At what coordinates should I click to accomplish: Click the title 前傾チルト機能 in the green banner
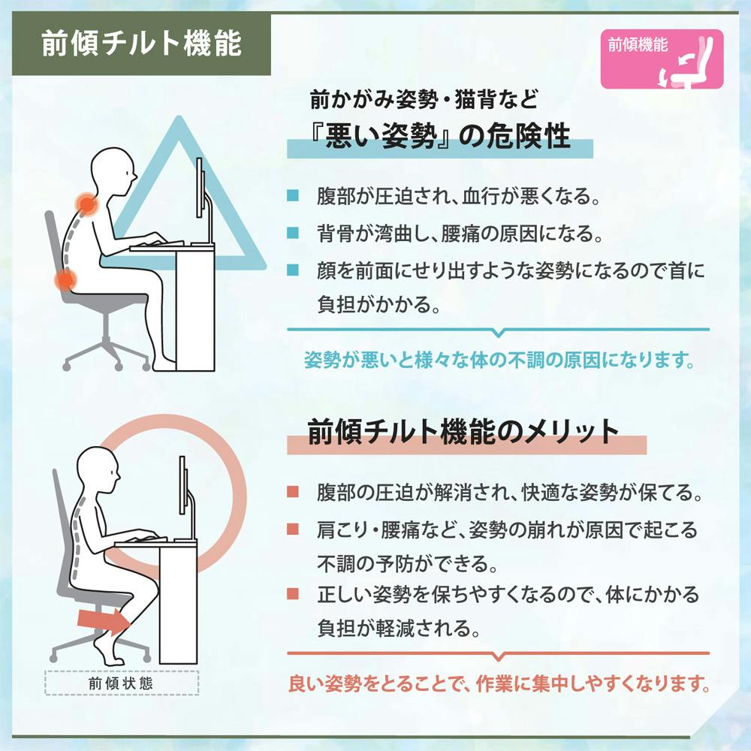[x=141, y=44]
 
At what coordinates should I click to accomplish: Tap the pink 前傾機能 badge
[x=662, y=59]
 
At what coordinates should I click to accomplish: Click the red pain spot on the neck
[x=86, y=205]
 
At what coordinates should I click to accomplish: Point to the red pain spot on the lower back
[x=65, y=279]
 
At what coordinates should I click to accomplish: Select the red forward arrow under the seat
[x=104, y=621]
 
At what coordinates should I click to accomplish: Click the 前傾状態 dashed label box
[x=122, y=683]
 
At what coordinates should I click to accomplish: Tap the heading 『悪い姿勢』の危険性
[x=439, y=136]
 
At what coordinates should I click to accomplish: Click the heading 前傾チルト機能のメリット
[x=463, y=431]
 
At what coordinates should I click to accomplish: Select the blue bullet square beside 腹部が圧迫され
[x=293, y=195]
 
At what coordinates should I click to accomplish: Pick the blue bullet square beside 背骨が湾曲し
[x=293, y=233]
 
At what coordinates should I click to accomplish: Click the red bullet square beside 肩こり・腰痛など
[x=293, y=529]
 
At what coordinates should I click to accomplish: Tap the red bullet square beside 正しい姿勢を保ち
[x=293, y=594]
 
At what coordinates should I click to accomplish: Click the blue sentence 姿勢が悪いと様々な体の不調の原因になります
[x=499, y=360]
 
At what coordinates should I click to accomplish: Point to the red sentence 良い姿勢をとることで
[x=499, y=683]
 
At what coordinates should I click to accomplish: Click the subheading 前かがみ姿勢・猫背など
[x=424, y=99]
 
